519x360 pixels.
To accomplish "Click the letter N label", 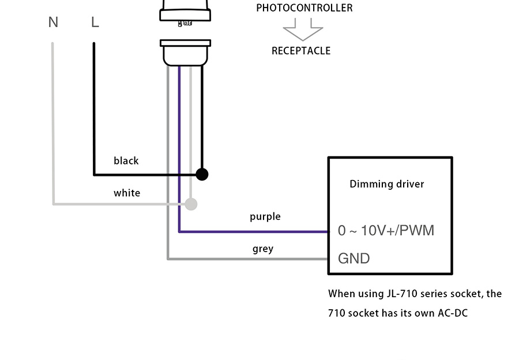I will click(53, 22).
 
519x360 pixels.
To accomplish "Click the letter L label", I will click(95, 22).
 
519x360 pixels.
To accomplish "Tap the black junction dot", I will click(202, 174).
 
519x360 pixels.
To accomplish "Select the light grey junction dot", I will click(191, 204).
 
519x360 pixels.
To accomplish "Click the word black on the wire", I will click(126, 161).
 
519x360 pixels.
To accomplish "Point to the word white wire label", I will click(127, 193).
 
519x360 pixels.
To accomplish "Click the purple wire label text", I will click(265, 217).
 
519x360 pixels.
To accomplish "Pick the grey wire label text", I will click(263, 249).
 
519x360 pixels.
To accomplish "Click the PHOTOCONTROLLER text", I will click(304, 8).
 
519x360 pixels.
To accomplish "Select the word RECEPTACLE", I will click(301, 51).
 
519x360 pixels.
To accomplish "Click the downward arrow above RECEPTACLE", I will click(303, 30).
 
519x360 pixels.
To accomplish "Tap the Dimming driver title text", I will click(387, 184).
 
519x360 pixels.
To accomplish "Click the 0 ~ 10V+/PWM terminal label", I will click(386, 231).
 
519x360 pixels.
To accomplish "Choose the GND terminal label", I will click(353, 258).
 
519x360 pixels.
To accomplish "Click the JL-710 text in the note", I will click(401, 294).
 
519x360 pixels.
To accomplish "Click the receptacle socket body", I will click(185, 53).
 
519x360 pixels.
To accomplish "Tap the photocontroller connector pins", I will click(185, 24).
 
